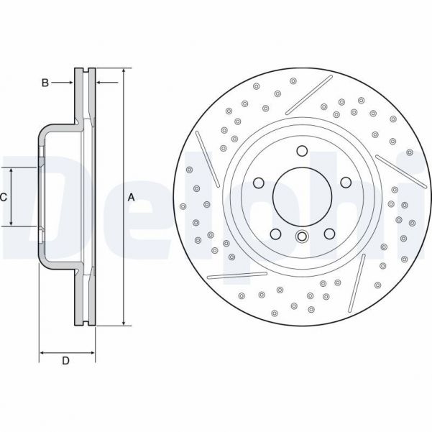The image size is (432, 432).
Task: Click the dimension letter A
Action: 131,197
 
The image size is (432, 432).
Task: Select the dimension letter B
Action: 45,83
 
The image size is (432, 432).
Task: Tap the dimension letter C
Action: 4,197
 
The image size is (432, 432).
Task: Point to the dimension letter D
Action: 65,362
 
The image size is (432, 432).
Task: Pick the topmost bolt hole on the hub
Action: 302,151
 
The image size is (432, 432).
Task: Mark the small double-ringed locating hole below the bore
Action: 302,238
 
